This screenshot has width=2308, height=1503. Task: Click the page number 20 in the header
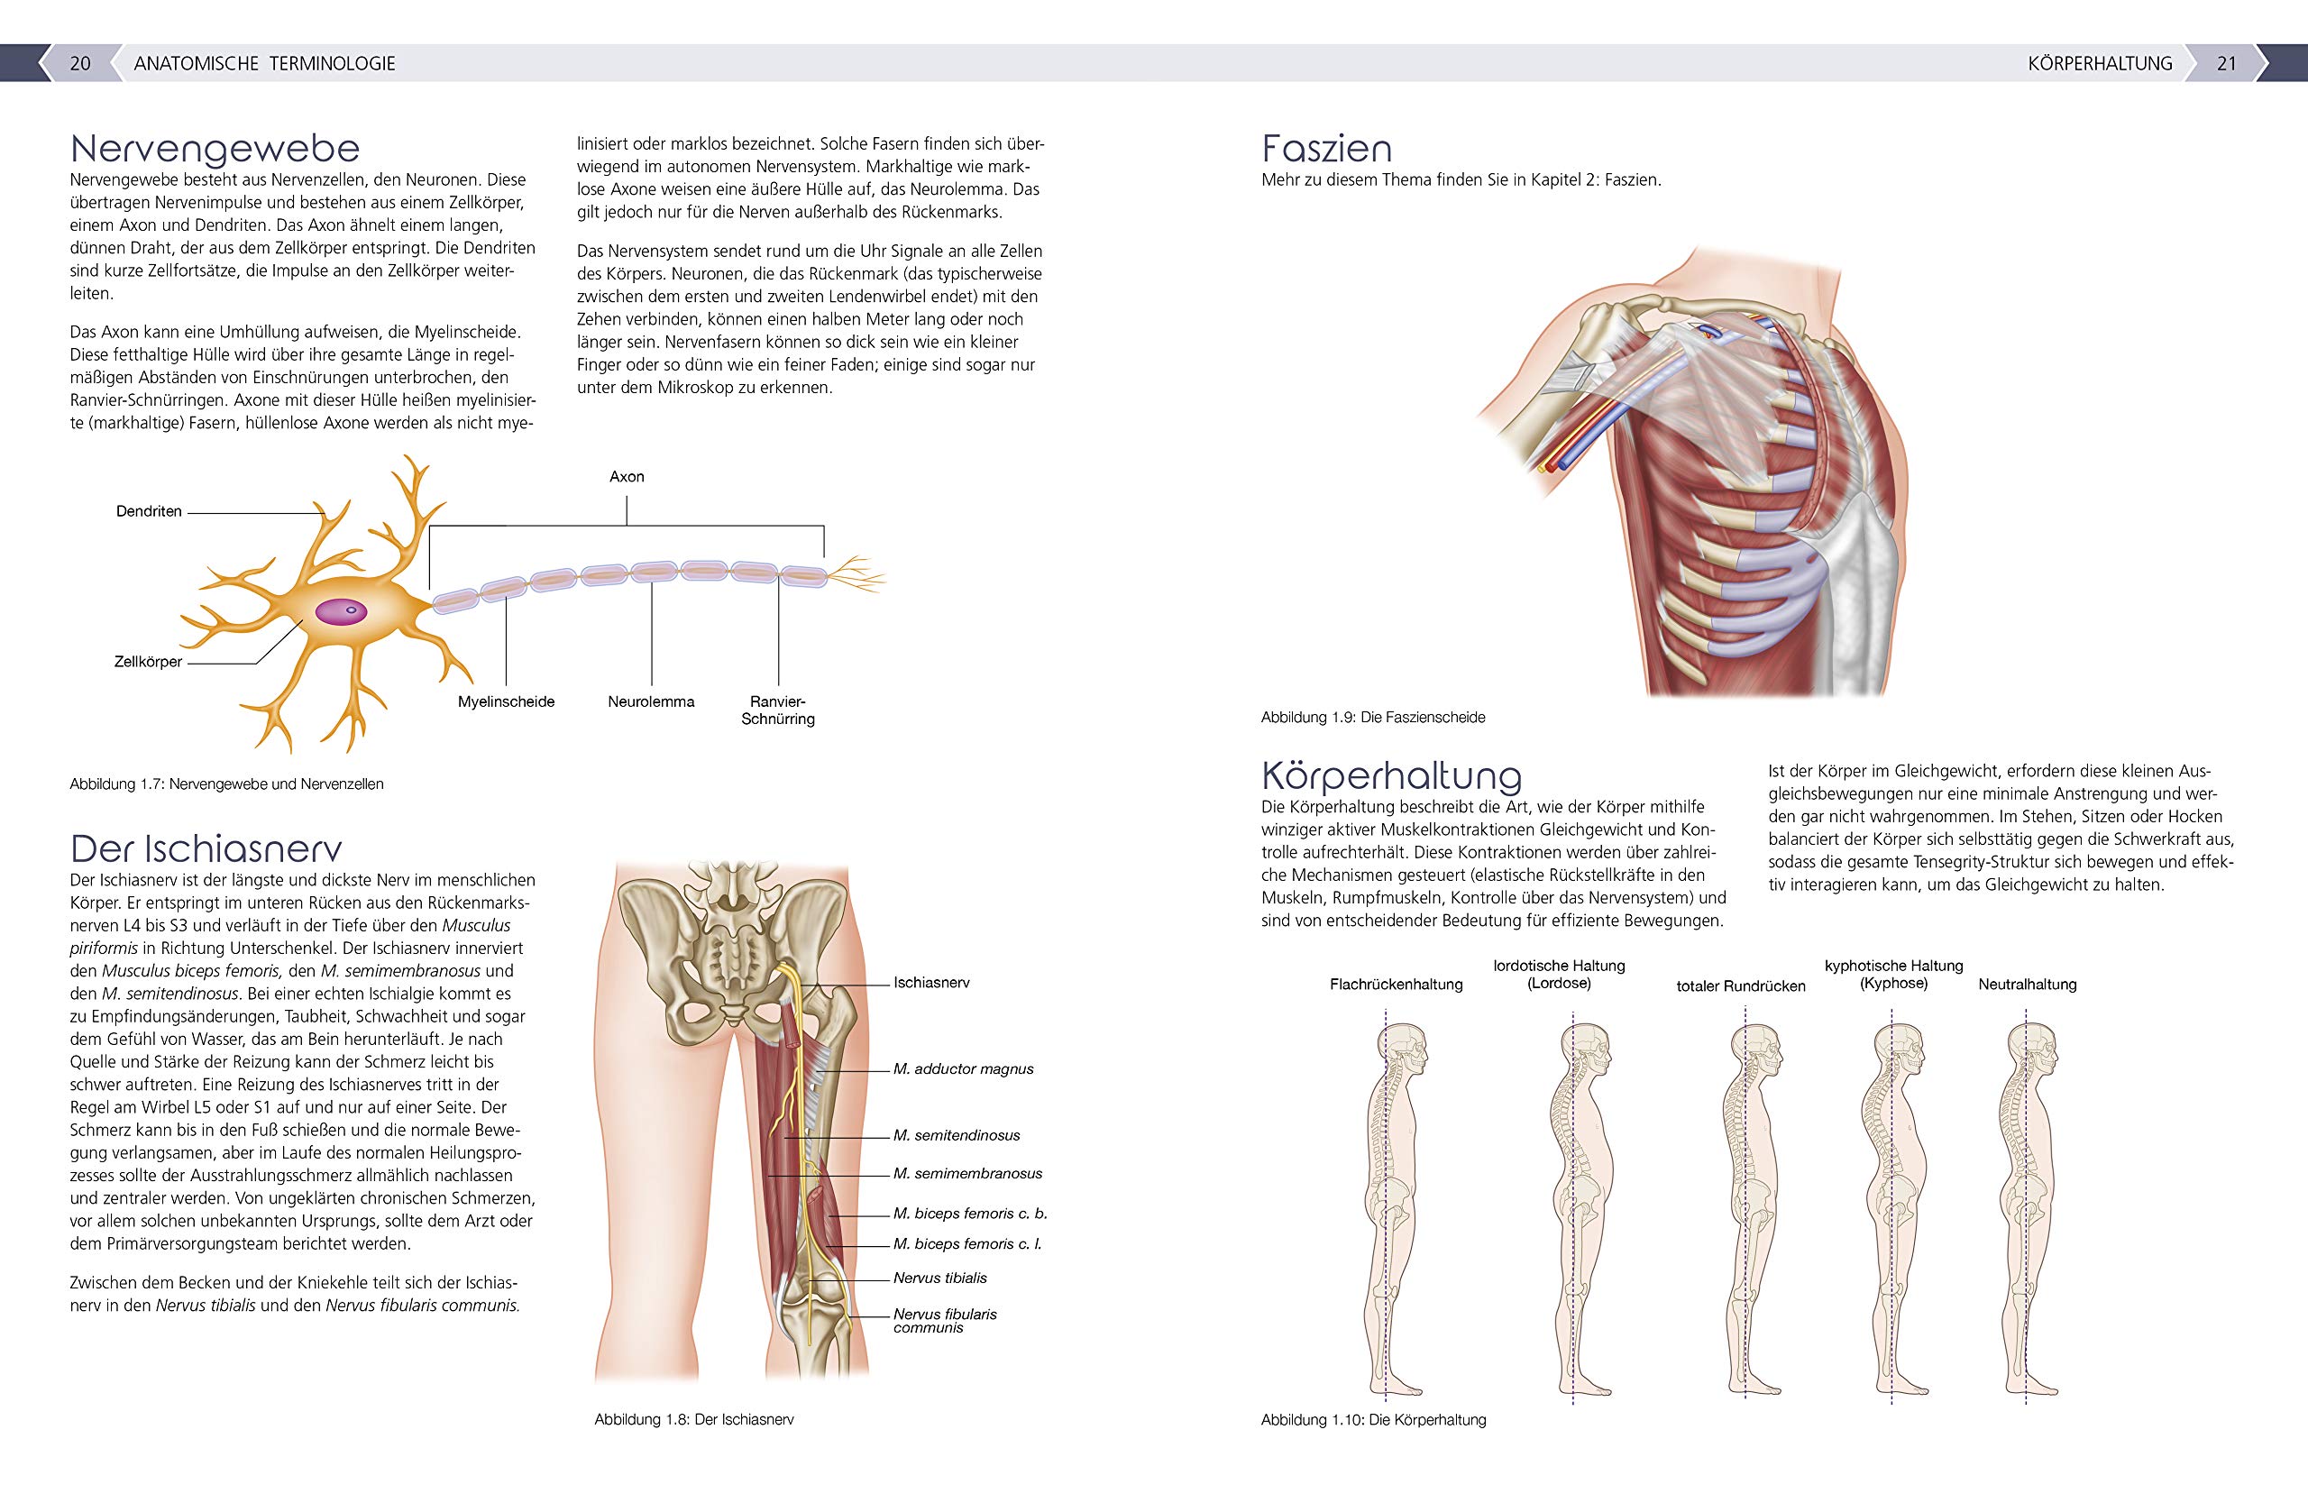80,63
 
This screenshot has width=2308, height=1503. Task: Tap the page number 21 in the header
2227,63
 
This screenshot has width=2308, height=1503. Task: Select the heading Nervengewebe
215,149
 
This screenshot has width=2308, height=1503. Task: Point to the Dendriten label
149,511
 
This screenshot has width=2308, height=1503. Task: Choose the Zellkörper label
149,663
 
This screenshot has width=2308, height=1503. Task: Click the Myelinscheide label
506,701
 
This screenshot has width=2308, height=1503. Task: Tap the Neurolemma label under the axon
651,701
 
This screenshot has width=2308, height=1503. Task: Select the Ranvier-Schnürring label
778,710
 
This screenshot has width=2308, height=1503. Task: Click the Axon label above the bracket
627,476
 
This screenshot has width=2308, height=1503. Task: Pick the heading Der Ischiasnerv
206,848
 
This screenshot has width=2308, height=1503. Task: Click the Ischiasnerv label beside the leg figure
931,982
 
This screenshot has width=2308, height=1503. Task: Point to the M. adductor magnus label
963,1068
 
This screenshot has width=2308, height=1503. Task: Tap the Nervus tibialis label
939,1278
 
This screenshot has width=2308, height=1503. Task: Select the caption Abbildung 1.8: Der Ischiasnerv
694,1418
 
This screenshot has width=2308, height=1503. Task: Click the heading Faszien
1326,149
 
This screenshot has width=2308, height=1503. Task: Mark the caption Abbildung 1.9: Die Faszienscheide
1373,718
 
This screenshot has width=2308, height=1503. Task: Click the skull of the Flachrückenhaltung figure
1400,1050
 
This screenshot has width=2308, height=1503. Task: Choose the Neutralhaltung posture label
2027,985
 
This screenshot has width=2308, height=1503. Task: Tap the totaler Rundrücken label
1741,986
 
